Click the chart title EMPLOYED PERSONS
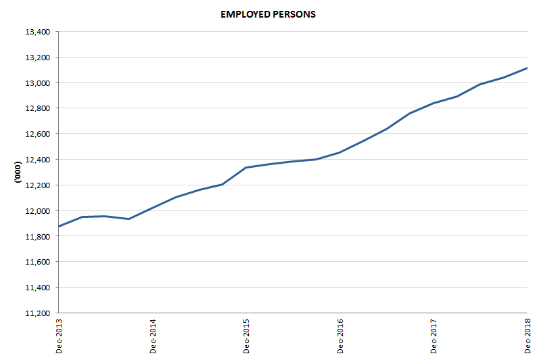click(268, 14)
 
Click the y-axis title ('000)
click(18, 173)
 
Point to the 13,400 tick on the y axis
click(38, 32)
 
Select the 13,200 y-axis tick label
click(38, 58)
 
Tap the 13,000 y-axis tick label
click(38, 83)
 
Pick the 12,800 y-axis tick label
click(38, 108)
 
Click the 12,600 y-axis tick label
click(38, 134)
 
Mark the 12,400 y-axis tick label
click(38, 160)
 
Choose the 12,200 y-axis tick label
click(38, 185)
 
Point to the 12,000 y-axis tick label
click(38, 211)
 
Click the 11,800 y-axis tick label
click(38, 236)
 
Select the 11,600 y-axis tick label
click(38, 262)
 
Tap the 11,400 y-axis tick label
click(38, 288)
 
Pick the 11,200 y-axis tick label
click(38, 313)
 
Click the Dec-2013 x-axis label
click(59, 336)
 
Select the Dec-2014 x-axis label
click(152, 336)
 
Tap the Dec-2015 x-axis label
click(246, 336)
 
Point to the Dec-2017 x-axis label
click(434, 336)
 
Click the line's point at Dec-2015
click(246, 167)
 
